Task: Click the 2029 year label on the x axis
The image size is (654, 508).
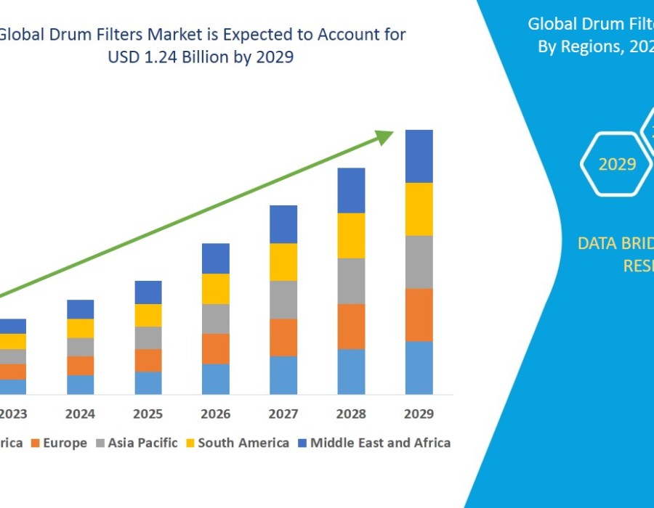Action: tap(419, 414)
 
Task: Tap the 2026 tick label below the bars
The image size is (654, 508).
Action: tap(216, 414)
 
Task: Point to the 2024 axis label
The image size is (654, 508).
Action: tap(81, 414)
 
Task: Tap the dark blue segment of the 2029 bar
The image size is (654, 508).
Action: tap(419, 156)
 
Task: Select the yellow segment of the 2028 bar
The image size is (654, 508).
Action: tap(351, 235)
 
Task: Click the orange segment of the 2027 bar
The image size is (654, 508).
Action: tap(283, 337)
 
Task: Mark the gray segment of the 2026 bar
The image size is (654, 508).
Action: tap(216, 319)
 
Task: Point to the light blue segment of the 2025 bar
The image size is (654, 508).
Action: tap(148, 382)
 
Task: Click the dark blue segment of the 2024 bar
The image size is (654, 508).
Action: tap(81, 309)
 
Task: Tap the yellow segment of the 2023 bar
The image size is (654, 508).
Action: tap(13, 341)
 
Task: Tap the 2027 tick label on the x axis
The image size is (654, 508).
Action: tap(283, 414)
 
